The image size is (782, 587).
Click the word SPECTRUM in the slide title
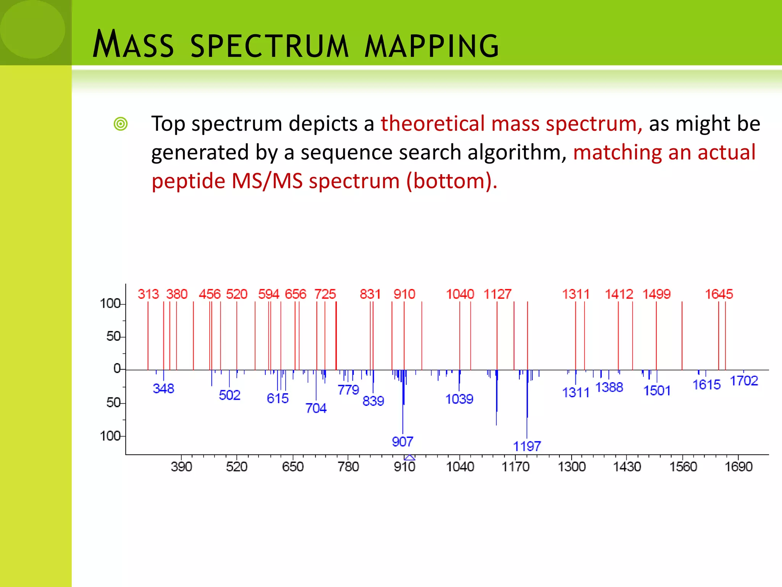269,46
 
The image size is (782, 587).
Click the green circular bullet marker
121,124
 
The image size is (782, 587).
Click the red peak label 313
148,294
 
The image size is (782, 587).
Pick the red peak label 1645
719,294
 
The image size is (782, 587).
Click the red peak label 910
404,294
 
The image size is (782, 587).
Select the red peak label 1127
497,294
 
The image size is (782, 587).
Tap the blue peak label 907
402,441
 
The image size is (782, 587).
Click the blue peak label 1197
527,446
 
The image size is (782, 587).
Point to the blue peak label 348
163,388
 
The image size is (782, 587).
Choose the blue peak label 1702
744,381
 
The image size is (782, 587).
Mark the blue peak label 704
316,408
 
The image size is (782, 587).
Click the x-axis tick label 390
181,467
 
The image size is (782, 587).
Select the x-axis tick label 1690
738,467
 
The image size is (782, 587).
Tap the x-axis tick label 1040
460,467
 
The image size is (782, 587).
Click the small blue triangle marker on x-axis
409,457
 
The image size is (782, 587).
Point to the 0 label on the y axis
117,368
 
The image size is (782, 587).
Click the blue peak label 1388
609,387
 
